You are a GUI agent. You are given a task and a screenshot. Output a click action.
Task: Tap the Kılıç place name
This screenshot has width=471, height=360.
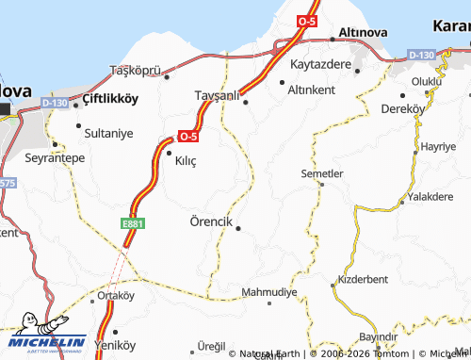click(x=186, y=161)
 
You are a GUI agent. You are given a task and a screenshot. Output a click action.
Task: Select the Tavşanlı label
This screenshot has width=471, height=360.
click(x=216, y=95)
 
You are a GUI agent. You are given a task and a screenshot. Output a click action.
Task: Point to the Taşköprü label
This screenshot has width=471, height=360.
click(x=138, y=71)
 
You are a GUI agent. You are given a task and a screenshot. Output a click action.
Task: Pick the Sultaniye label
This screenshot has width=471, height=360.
click(x=111, y=134)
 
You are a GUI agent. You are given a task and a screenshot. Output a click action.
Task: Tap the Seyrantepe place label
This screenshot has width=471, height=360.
click(x=55, y=157)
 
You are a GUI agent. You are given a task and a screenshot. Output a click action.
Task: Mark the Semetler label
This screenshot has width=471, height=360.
click(x=321, y=173)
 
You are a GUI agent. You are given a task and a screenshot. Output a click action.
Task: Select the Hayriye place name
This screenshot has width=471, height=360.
click(x=437, y=147)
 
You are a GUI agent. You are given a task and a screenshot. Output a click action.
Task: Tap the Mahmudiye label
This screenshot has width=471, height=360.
click(x=269, y=292)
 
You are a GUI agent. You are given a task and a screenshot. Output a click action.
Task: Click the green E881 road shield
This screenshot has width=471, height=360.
click(x=131, y=223)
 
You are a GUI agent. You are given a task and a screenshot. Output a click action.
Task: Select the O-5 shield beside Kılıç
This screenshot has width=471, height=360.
click(x=187, y=135)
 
